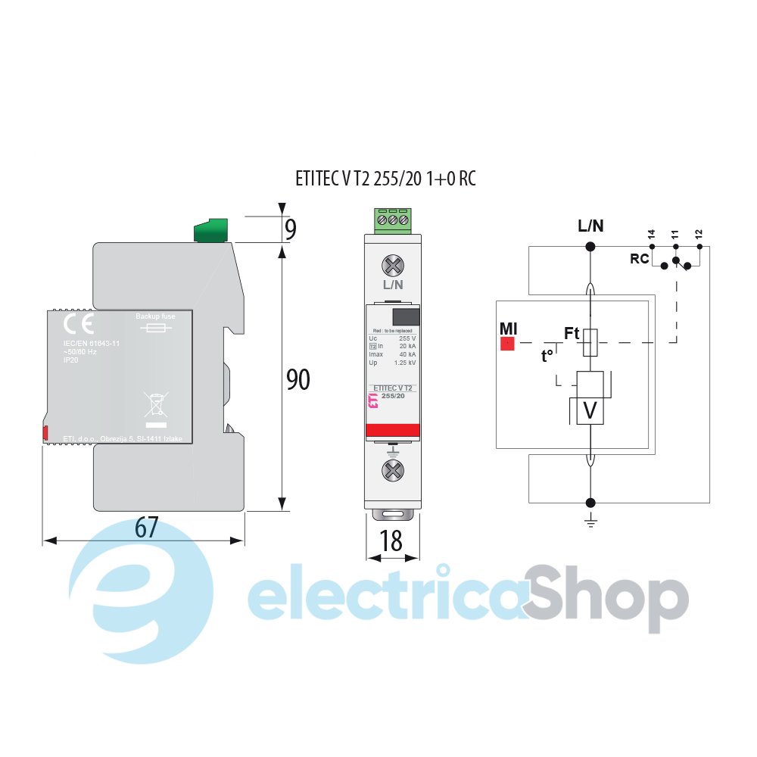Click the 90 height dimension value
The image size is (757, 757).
[298, 378]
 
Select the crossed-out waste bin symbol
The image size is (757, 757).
[155, 404]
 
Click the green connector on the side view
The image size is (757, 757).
[212, 230]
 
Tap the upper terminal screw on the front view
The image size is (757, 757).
[392, 265]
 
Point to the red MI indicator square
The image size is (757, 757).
[507, 344]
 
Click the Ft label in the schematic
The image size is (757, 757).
[572, 332]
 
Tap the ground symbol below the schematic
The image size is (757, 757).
[590, 522]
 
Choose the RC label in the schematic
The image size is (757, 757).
[640, 258]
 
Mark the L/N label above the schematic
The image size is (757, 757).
[590, 225]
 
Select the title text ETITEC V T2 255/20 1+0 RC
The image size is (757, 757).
[385, 179]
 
